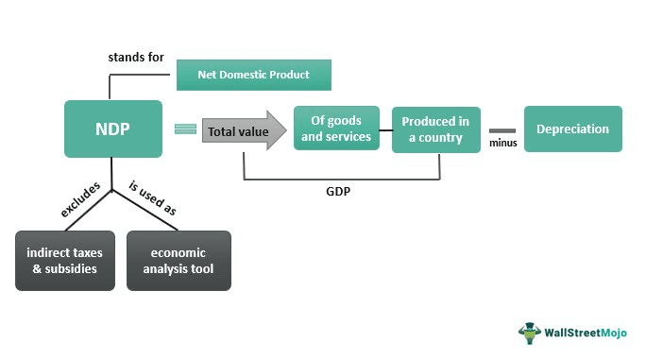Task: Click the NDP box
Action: (111, 129)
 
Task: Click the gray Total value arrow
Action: (243, 131)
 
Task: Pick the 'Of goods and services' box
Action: (336, 129)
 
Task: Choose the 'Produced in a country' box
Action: (435, 129)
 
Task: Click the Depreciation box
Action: (572, 129)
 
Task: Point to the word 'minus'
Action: (501, 144)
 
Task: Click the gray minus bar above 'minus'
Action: (502, 129)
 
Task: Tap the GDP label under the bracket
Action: (340, 190)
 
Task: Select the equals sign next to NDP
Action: (185, 130)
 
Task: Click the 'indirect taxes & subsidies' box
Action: (65, 260)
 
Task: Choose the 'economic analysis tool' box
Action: (178, 260)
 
